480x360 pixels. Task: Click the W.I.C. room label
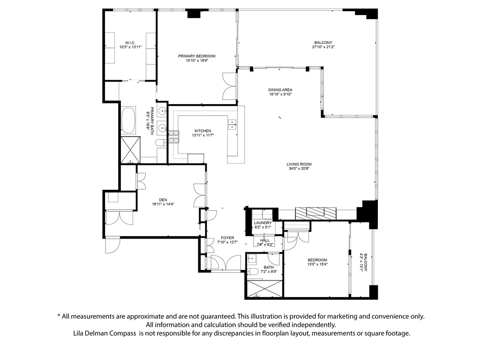coord(130,43)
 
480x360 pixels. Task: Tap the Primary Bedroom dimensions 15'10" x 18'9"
coord(197,60)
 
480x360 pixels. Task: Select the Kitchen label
coord(202,131)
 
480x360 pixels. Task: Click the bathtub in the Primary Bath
coord(128,120)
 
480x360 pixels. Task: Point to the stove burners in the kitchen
coord(174,137)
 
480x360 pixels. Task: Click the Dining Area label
coord(280,90)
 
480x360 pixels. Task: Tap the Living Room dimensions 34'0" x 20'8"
coord(299,168)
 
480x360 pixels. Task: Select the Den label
coord(163,200)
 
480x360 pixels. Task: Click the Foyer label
coord(227,238)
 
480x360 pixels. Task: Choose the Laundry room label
coord(262,223)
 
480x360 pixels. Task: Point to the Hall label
coord(265,240)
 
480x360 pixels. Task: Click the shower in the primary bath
coord(130,150)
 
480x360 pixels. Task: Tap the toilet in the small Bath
coord(253,271)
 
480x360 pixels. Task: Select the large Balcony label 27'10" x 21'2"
coord(323,43)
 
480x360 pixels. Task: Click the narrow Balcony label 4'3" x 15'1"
coord(365,262)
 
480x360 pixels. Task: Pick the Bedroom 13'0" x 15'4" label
coord(317,260)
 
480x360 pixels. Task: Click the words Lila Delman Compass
coord(105,333)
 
